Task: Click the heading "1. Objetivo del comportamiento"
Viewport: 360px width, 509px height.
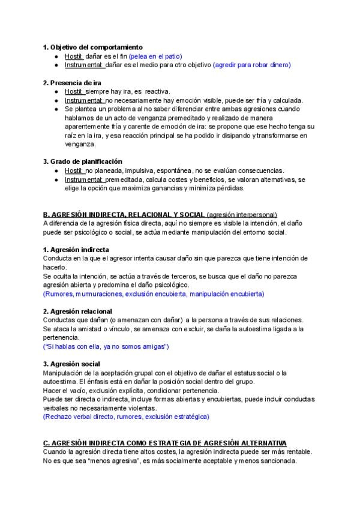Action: click(92, 47)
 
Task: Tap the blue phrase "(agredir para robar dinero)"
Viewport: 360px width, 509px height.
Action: click(260, 65)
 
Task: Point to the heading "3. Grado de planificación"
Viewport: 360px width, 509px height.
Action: click(82, 161)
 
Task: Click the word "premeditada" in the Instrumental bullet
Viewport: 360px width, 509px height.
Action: click(126, 179)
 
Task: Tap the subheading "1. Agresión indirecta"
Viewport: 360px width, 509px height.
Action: click(76, 249)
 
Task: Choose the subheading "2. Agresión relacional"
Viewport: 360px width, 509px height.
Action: click(77, 311)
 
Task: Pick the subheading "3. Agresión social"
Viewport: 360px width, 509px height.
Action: click(71, 364)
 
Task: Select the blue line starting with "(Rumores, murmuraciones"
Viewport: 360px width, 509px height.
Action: click(153, 294)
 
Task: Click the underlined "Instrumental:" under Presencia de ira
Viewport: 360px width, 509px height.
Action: click(83, 100)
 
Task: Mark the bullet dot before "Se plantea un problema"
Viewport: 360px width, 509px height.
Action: click(56, 109)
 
